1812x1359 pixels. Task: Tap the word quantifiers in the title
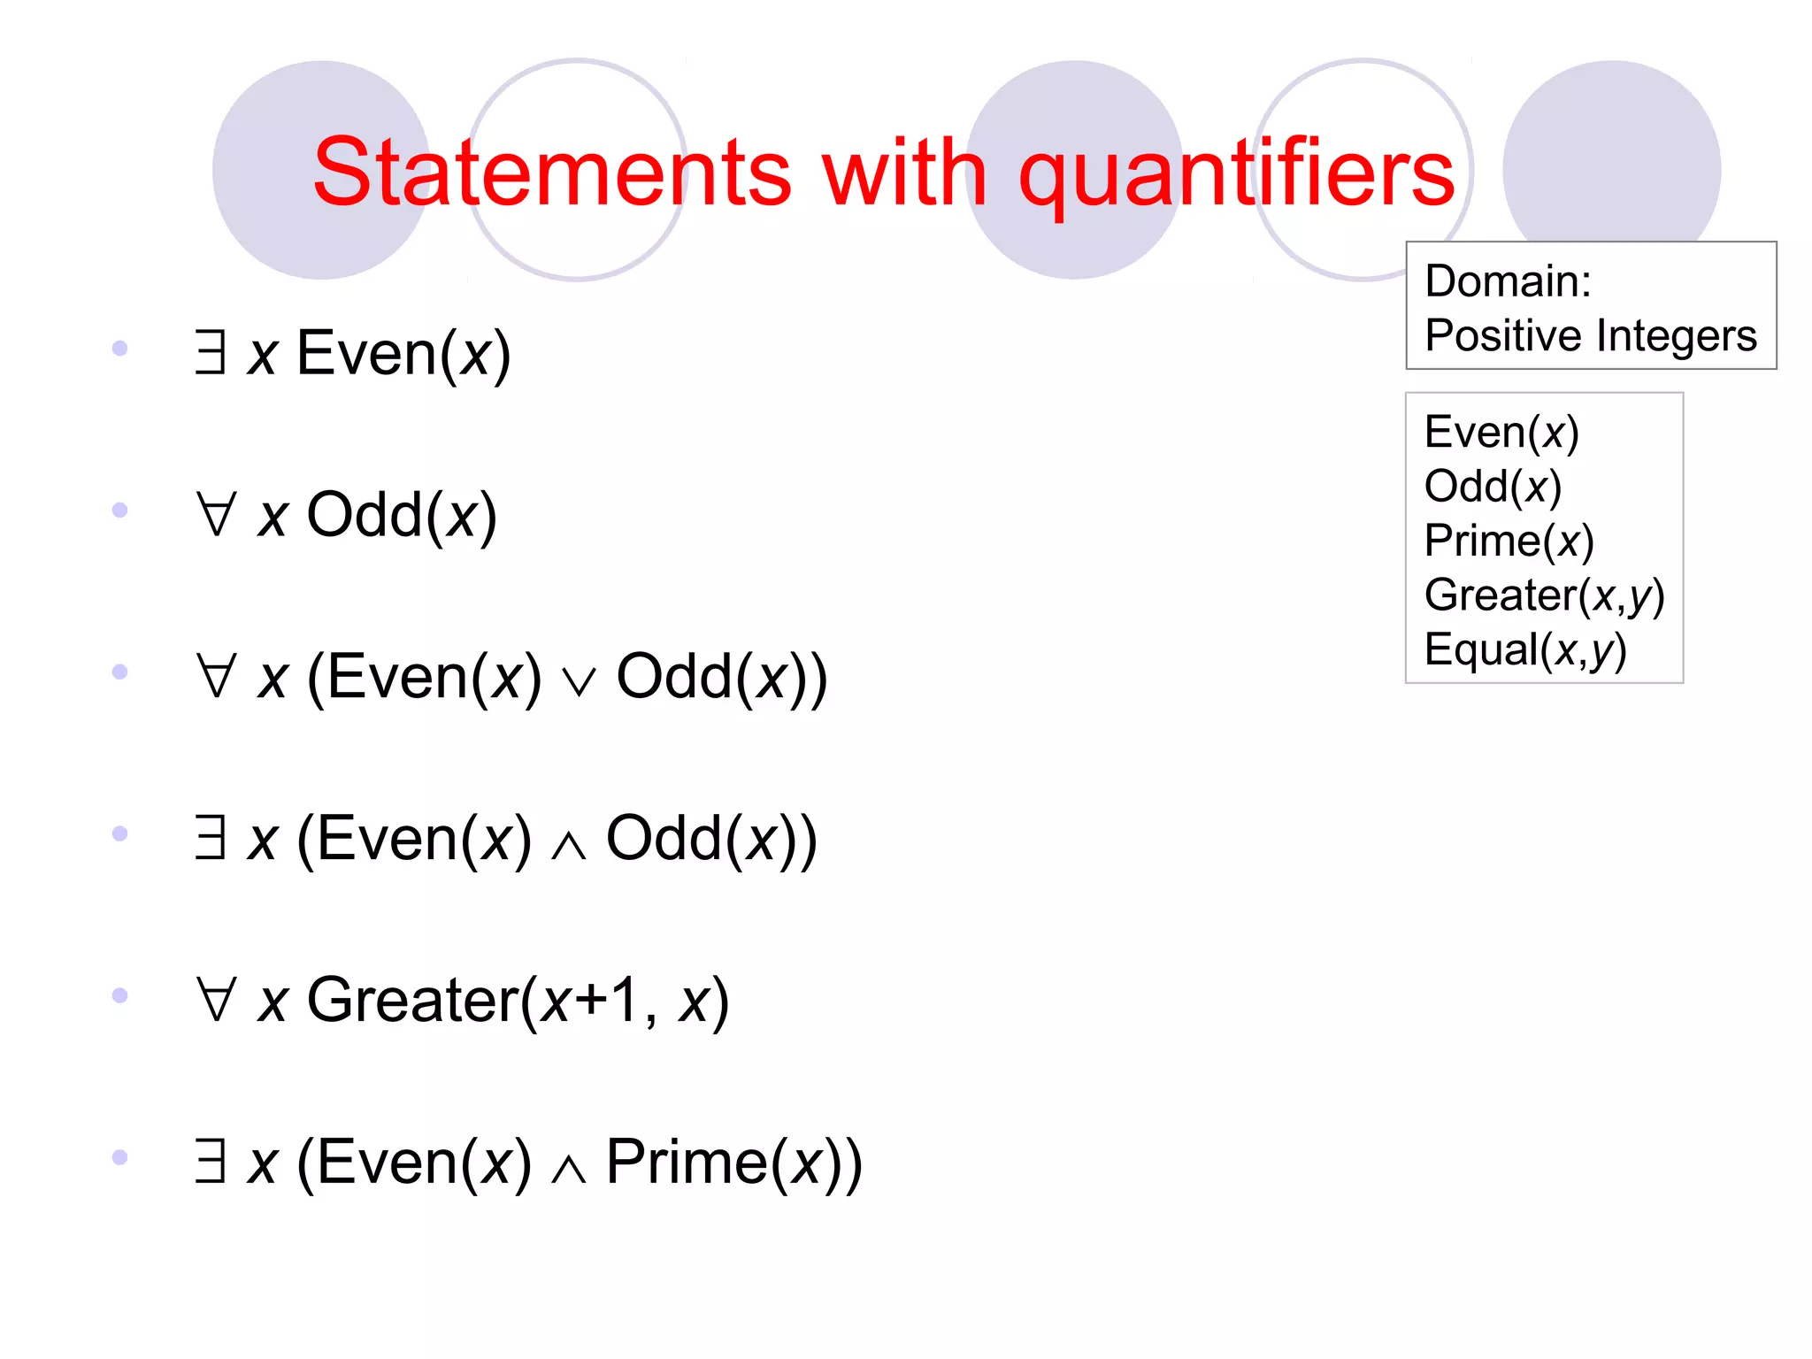click(1236, 173)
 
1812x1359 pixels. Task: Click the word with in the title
click(903, 173)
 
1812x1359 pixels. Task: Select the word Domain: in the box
click(1508, 281)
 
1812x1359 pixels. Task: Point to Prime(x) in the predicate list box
click(1509, 541)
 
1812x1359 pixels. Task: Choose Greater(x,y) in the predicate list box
click(1544, 595)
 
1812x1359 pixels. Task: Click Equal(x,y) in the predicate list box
click(1524, 650)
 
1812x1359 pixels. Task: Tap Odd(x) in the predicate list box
click(1493, 487)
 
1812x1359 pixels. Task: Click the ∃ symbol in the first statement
click(211, 352)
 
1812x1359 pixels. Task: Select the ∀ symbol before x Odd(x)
click(217, 514)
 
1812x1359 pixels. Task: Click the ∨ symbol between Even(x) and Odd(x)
click(579, 681)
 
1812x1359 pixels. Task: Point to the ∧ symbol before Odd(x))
click(568, 845)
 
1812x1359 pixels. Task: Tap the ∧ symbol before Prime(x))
click(568, 1168)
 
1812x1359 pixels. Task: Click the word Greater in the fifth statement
click(412, 1001)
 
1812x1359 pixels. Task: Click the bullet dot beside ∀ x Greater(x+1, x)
click(120, 995)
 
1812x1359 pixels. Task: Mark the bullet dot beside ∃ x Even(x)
click(120, 348)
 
